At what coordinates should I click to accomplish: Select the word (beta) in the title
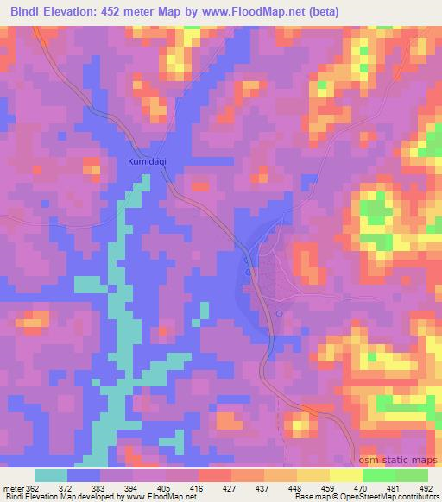click(x=318, y=12)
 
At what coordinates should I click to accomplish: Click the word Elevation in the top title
click(x=75, y=12)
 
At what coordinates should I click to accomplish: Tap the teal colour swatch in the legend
click(x=51, y=475)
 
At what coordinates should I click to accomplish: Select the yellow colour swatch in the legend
click(x=313, y=475)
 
